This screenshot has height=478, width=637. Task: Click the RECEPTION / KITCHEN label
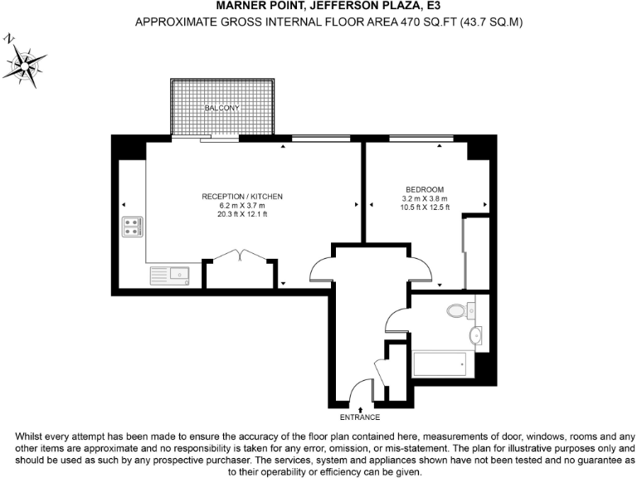[x=242, y=197]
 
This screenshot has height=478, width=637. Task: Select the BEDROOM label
[x=424, y=189]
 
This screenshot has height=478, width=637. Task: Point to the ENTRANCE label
[x=361, y=417]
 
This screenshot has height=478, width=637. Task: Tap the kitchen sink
[x=170, y=275]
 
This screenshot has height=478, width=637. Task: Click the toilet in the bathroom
[x=457, y=311]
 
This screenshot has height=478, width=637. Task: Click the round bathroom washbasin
[x=475, y=335]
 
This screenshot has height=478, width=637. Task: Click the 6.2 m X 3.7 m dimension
[x=242, y=206]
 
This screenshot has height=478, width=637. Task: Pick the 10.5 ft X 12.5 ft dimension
[x=424, y=207]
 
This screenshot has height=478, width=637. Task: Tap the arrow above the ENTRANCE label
[x=361, y=409]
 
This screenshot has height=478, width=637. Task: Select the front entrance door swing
[x=360, y=391]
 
